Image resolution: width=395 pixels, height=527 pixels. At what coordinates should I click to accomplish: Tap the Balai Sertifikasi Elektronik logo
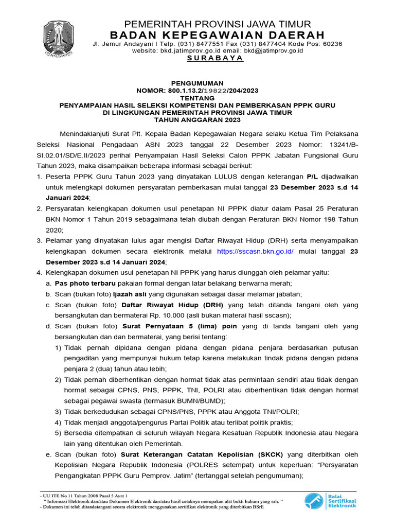(330, 500)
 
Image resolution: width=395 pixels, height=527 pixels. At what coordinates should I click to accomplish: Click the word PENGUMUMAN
(197, 83)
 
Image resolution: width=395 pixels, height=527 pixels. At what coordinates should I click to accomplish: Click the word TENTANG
(197, 98)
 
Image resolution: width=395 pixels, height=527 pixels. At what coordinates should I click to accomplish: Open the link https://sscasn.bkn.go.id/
(255, 251)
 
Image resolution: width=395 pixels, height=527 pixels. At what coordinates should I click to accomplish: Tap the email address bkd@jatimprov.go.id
(273, 50)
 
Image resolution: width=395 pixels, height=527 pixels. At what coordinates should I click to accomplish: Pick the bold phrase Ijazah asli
(130, 294)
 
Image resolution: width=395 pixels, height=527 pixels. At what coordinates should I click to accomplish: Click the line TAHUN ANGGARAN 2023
(197, 120)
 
